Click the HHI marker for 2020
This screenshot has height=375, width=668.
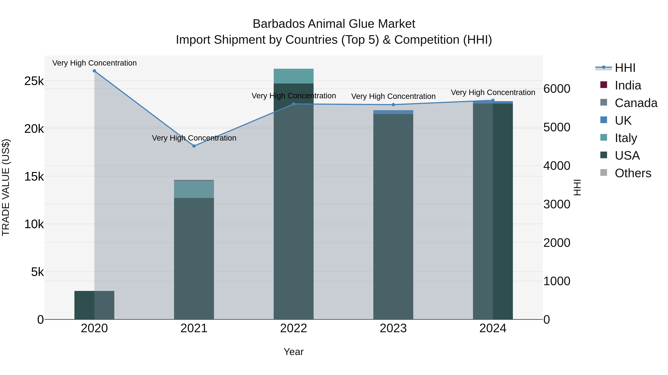[94, 71]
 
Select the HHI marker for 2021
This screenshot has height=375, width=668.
[194, 146]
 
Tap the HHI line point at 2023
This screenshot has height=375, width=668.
[393, 105]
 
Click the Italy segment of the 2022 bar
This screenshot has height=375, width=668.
[294, 76]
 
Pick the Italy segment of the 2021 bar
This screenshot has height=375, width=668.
[194, 189]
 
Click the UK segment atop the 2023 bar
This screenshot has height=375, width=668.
[393, 112]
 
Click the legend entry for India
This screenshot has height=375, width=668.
[628, 85]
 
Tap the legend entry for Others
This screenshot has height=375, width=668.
[633, 173]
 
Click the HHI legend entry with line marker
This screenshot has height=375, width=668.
[625, 68]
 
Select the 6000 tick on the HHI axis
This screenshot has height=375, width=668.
[557, 89]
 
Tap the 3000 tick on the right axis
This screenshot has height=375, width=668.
[557, 204]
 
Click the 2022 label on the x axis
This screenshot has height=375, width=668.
[294, 328]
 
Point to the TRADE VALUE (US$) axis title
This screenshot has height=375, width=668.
[6, 187]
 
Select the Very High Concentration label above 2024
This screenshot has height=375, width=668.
[493, 92]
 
